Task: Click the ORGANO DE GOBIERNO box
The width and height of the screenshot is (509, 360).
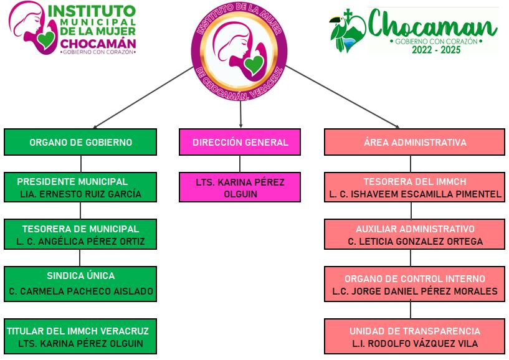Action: pos(81,142)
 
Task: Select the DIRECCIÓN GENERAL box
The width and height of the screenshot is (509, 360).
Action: pos(240,142)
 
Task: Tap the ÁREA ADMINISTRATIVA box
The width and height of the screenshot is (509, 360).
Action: pos(414,142)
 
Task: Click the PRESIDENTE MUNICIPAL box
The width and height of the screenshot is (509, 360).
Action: pos(81,187)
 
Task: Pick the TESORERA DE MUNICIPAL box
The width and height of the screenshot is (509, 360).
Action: pos(81,235)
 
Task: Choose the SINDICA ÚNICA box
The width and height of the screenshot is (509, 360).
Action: pos(81,283)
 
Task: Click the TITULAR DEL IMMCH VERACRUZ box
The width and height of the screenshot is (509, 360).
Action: pos(81,336)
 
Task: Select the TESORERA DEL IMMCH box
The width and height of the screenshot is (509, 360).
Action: pos(414,187)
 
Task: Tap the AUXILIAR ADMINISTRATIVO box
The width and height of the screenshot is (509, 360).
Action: pos(414,235)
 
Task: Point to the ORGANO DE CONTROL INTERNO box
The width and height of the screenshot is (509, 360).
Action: pos(414,284)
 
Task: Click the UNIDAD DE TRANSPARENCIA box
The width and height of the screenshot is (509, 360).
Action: pos(414,336)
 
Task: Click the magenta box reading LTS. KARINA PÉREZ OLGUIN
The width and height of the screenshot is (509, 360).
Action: pos(240,187)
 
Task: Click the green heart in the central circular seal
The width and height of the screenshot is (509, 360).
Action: pos(252,64)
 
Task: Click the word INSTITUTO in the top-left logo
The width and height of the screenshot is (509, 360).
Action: pos(92,11)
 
